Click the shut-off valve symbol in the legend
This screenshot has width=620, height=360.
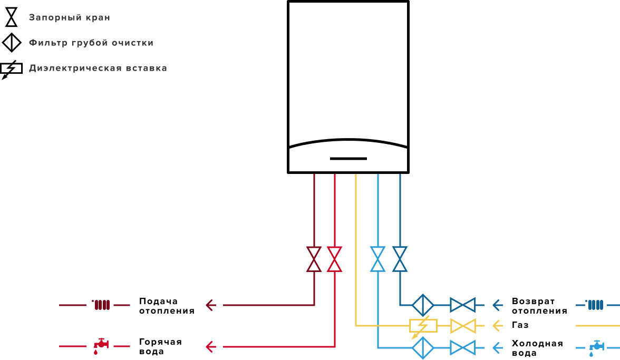(x=12, y=17)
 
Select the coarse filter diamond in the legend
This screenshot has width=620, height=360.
(x=12, y=42)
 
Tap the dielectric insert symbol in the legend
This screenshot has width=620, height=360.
(x=11, y=70)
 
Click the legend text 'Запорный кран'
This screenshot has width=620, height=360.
(x=70, y=17)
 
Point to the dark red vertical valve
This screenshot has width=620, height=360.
(x=314, y=259)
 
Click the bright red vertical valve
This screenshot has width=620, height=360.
(x=334, y=259)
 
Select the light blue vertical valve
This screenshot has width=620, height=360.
(x=377, y=259)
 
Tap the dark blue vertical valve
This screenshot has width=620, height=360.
(x=400, y=259)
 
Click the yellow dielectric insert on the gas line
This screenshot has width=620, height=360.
(x=423, y=326)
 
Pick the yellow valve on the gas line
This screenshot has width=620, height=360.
(x=463, y=326)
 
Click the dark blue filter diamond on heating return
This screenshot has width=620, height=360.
(x=423, y=305)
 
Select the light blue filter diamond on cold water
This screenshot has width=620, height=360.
(x=423, y=348)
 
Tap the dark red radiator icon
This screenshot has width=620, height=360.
(x=101, y=305)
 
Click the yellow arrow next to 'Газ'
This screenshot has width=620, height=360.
(x=498, y=326)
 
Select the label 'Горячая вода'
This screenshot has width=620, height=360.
(x=160, y=347)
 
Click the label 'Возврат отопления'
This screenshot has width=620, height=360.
(x=539, y=306)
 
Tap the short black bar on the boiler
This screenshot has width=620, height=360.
(x=348, y=159)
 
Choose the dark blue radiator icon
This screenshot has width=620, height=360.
(x=595, y=305)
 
